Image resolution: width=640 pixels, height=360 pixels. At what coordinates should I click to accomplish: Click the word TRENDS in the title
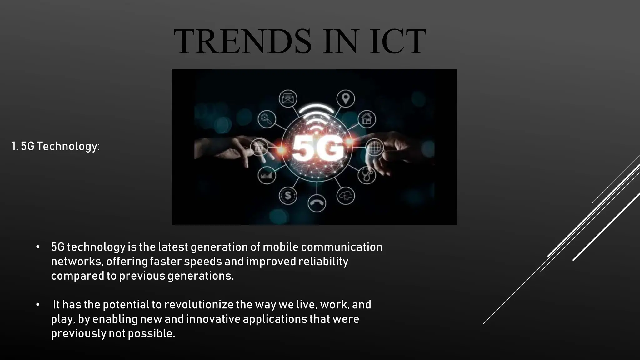[x=242, y=42]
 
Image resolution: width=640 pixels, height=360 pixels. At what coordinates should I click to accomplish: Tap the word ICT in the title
[x=397, y=42]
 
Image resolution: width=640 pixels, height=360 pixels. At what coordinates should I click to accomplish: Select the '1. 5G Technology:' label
[x=56, y=146]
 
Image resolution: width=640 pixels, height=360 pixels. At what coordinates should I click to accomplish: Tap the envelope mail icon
[x=288, y=99]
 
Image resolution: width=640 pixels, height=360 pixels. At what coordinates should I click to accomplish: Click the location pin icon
[x=345, y=99]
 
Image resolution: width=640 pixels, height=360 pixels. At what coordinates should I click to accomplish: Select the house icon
[x=367, y=119]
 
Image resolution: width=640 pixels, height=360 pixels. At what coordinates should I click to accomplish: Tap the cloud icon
[x=345, y=196]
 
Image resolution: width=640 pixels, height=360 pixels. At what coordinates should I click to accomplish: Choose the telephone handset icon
[x=317, y=203]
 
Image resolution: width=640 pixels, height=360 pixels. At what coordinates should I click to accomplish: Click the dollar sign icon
[x=288, y=196]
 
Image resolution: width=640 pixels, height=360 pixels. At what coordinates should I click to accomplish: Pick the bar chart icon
[x=267, y=175]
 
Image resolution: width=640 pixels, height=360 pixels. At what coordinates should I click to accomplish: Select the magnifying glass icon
[x=267, y=119]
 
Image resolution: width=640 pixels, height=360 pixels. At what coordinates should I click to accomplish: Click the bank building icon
[x=259, y=147]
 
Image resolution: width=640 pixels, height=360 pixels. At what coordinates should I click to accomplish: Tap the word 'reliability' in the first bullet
[x=323, y=262]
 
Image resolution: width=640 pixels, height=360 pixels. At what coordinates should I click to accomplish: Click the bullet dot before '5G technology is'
[x=38, y=247]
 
